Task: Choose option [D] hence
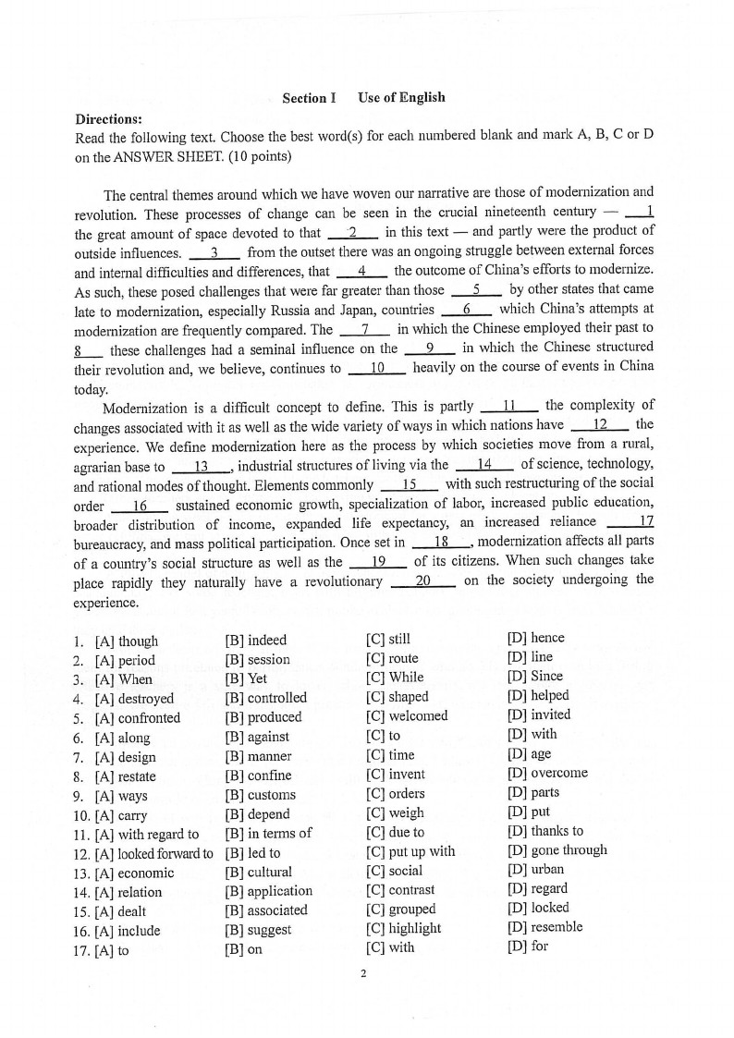pyautogui.click(x=535, y=638)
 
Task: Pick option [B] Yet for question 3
pyautogui.click(x=246, y=678)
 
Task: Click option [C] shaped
pyautogui.click(x=397, y=697)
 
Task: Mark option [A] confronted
pyautogui.click(x=138, y=717)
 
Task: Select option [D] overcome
pyautogui.click(x=547, y=773)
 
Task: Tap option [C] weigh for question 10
pyautogui.click(x=395, y=812)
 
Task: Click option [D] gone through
pyautogui.click(x=557, y=849)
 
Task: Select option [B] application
pyautogui.click(x=268, y=891)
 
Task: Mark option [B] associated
pyautogui.click(x=266, y=910)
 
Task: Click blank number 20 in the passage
pyautogui.click(x=422, y=580)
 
